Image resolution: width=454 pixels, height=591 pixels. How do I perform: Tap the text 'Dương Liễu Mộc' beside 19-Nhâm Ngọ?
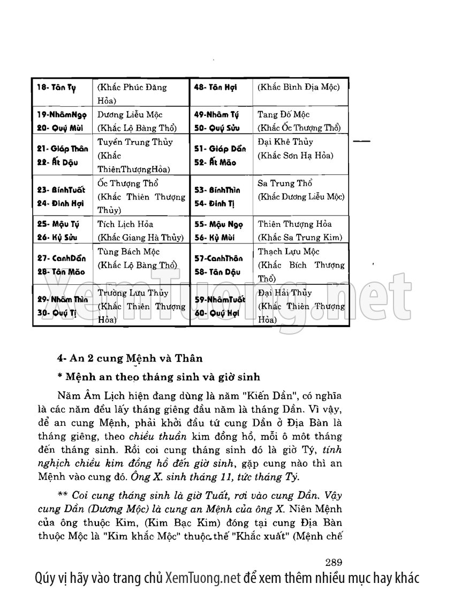[x=130, y=115]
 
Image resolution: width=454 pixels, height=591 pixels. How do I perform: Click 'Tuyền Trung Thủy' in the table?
[x=135, y=142]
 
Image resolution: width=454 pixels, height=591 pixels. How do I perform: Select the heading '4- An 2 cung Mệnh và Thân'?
[x=123, y=358]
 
